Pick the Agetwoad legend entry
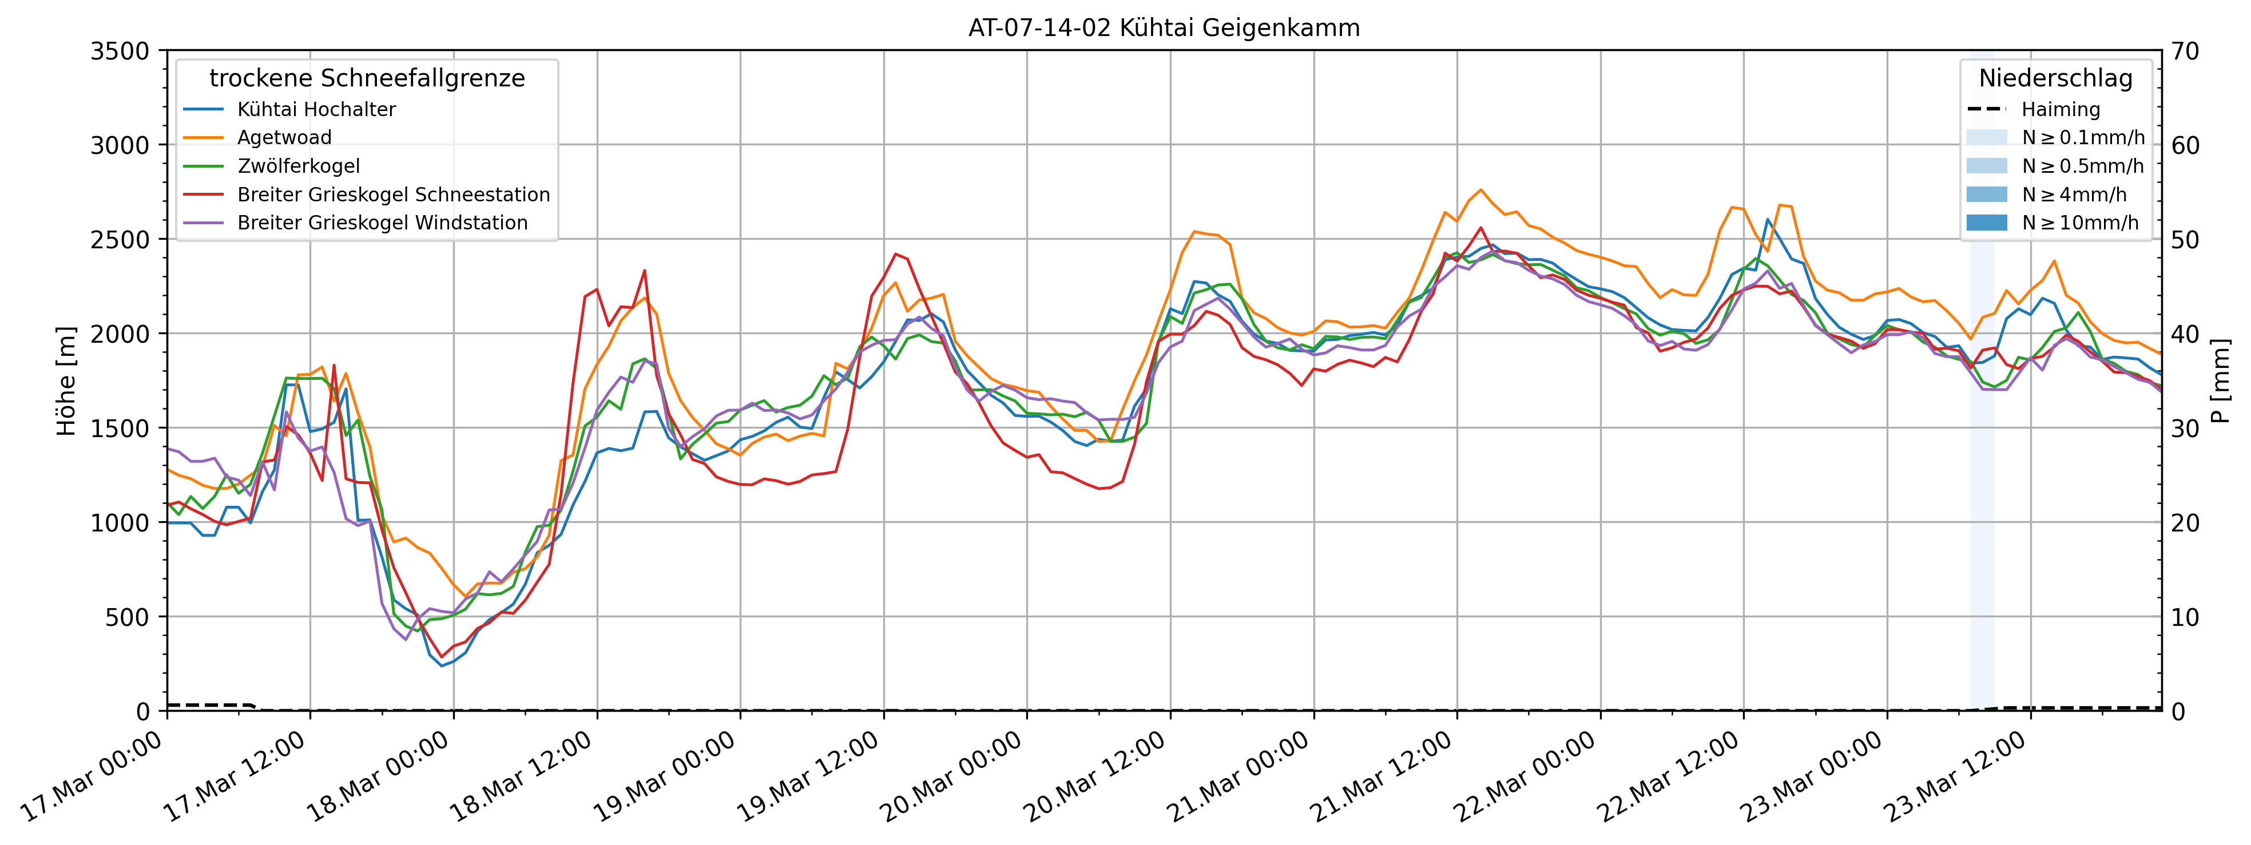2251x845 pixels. pos(284,137)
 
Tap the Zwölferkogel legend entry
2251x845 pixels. pos(298,166)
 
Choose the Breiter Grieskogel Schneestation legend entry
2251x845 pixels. pos(393,194)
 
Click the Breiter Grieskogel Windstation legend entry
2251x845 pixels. pos(382,223)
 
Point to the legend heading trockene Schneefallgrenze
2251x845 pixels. pos(367,78)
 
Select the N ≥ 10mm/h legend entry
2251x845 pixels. pos(2080,223)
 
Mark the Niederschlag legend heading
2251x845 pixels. pos(2055,78)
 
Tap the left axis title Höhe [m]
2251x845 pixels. pos(66,381)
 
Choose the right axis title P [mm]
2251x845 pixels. pos(2221,381)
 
